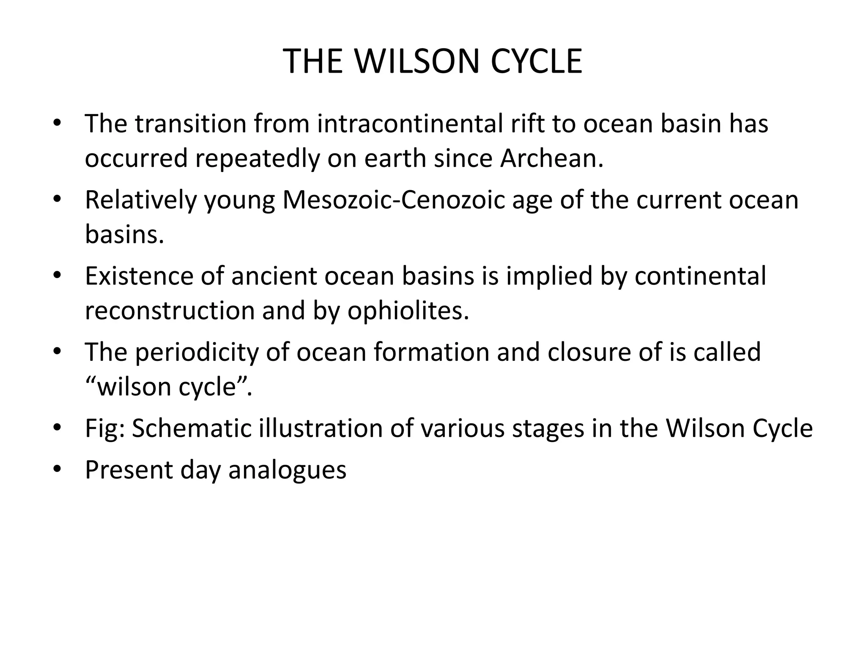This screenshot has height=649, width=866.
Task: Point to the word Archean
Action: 551,158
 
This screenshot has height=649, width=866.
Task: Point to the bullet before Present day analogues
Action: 58,469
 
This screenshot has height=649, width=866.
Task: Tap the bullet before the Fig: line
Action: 58,428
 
